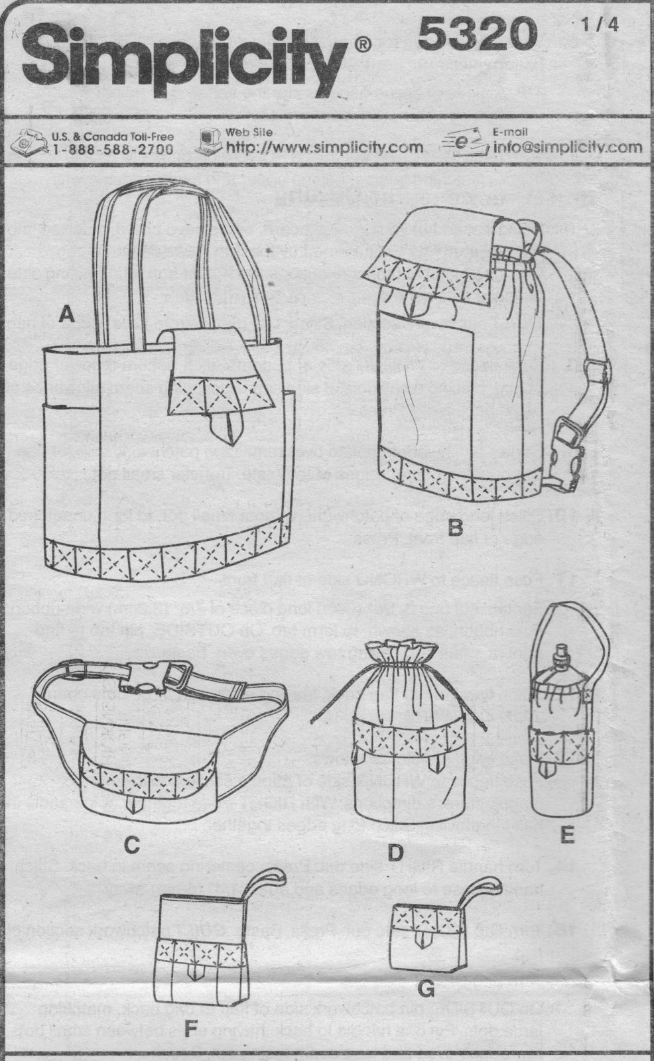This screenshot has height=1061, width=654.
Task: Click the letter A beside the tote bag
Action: (64, 317)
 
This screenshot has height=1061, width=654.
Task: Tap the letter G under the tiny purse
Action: (426, 990)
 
